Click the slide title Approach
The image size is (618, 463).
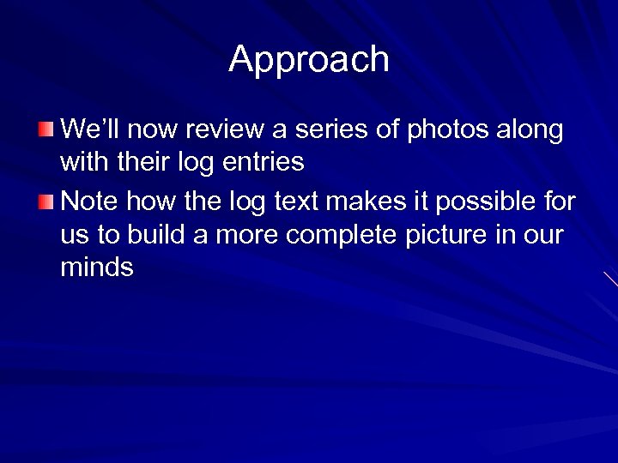tap(309, 59)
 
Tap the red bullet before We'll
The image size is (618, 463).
tap(45, 129)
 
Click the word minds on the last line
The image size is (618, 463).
tap(97, 268)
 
